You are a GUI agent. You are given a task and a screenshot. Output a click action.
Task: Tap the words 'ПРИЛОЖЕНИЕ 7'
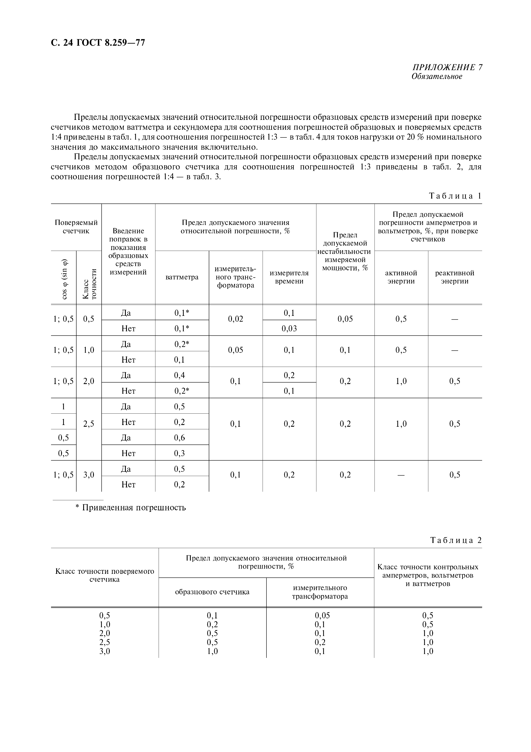click(x=447, y=68)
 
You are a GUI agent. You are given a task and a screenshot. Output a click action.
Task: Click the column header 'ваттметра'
click(x=182, y=277)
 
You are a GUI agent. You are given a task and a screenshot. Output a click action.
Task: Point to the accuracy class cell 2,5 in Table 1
click(x=89, y=424)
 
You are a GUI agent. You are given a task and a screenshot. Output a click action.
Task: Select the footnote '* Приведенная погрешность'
click(x=131, y=508)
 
